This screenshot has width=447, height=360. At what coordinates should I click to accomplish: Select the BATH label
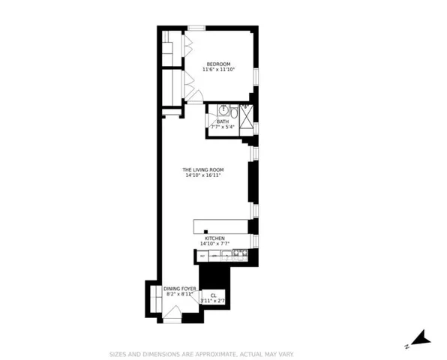[223, 121]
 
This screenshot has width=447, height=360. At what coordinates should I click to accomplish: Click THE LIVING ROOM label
[203, 169]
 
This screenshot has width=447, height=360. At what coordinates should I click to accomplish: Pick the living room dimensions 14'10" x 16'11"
[203, 175]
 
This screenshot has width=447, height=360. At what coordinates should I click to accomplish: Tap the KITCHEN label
[214, 238]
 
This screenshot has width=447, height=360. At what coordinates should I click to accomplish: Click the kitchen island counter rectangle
[221, 226]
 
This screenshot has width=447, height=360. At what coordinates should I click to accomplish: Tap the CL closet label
[213, 295]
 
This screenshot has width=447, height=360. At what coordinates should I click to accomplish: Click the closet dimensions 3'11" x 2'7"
[213, 301]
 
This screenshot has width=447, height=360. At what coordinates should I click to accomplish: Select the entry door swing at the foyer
[172, 317]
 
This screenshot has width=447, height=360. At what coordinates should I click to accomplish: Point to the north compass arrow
[422, 338]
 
